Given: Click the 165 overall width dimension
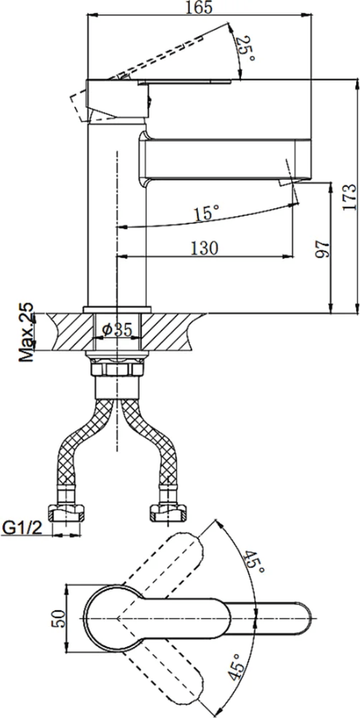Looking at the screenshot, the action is click(x=200, y=8).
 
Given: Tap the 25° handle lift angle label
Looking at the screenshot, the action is click(x=246, y=50).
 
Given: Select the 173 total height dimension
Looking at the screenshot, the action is click(x=349, y=197).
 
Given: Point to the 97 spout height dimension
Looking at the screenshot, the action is click(x=323, y=248).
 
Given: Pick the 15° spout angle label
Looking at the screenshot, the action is click(x=205, y=213).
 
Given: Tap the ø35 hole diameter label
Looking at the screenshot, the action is click(x=117, y=329).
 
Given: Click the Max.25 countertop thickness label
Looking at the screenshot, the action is click(x=27, y=331).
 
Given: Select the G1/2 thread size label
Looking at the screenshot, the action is click(x=22, y=528).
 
